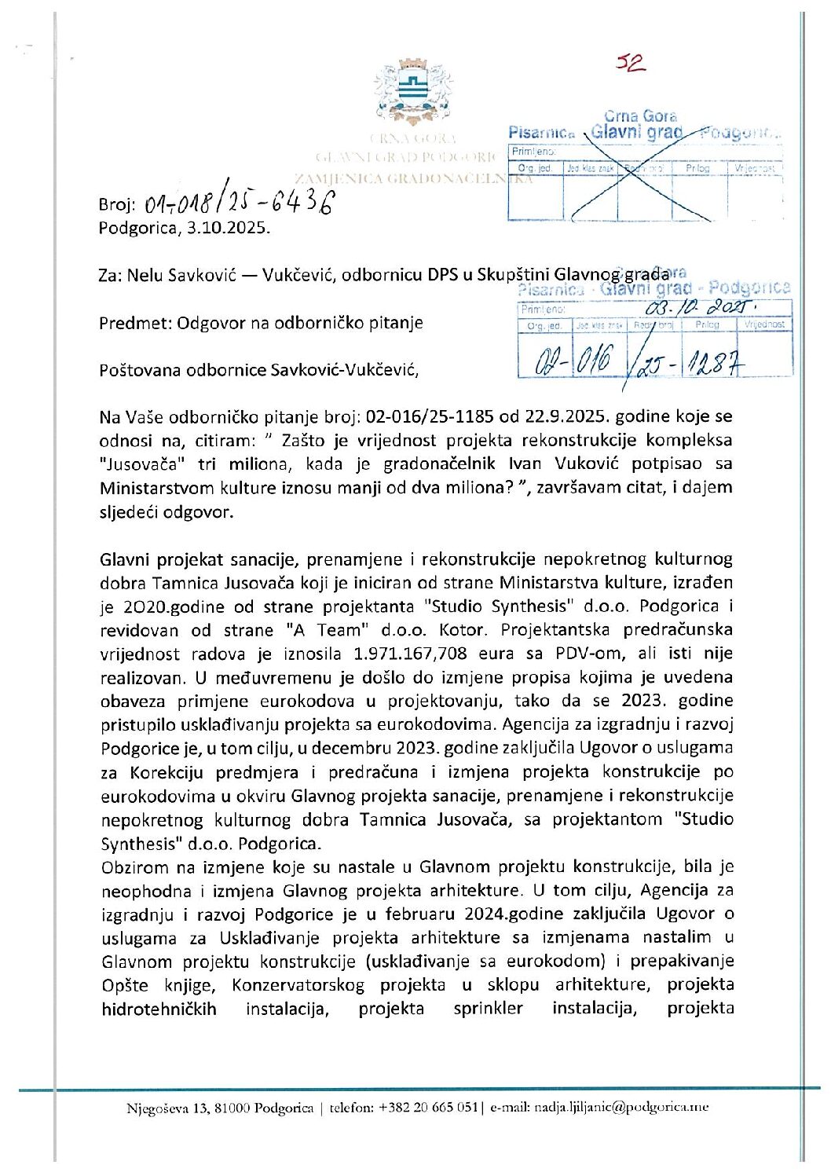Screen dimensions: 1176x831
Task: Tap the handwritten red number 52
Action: pos(630,62)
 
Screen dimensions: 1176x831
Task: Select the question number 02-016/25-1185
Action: pos(446,416)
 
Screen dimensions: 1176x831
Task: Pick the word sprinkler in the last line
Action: pos(488,1009)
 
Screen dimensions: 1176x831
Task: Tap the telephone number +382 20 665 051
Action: pos(429,1108)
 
